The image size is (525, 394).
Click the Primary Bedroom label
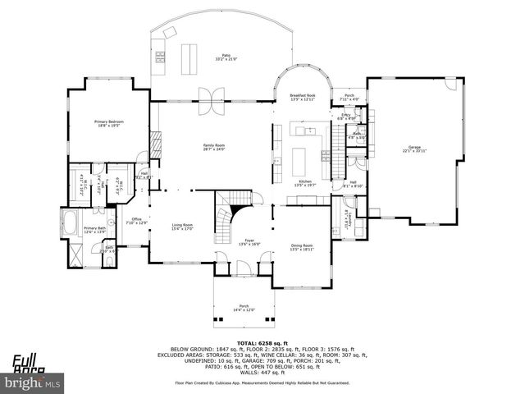pyautogui.click(x=108, y=124)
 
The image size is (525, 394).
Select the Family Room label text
pyautogui.click(x=214, y=147)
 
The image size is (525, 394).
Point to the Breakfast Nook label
pyautogui.click(x=302, y=97)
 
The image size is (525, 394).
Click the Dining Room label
pyautogui.click(x=302, y=247)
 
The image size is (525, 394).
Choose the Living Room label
pyautogui.click(x=182, y=227)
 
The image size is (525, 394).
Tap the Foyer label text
pyautogui.click(x=249, y=242)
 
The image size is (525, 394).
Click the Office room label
pyautogui.click(x=137, y=221)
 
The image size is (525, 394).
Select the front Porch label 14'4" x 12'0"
pyautogui.click(x=244, y=308)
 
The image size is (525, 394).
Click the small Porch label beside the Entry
pyautogui.click(x=349, y=96)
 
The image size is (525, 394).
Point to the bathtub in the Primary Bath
pyautogui.click(x=69, y=221)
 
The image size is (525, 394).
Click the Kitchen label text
pyautogui.click(x=304, y=182)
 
